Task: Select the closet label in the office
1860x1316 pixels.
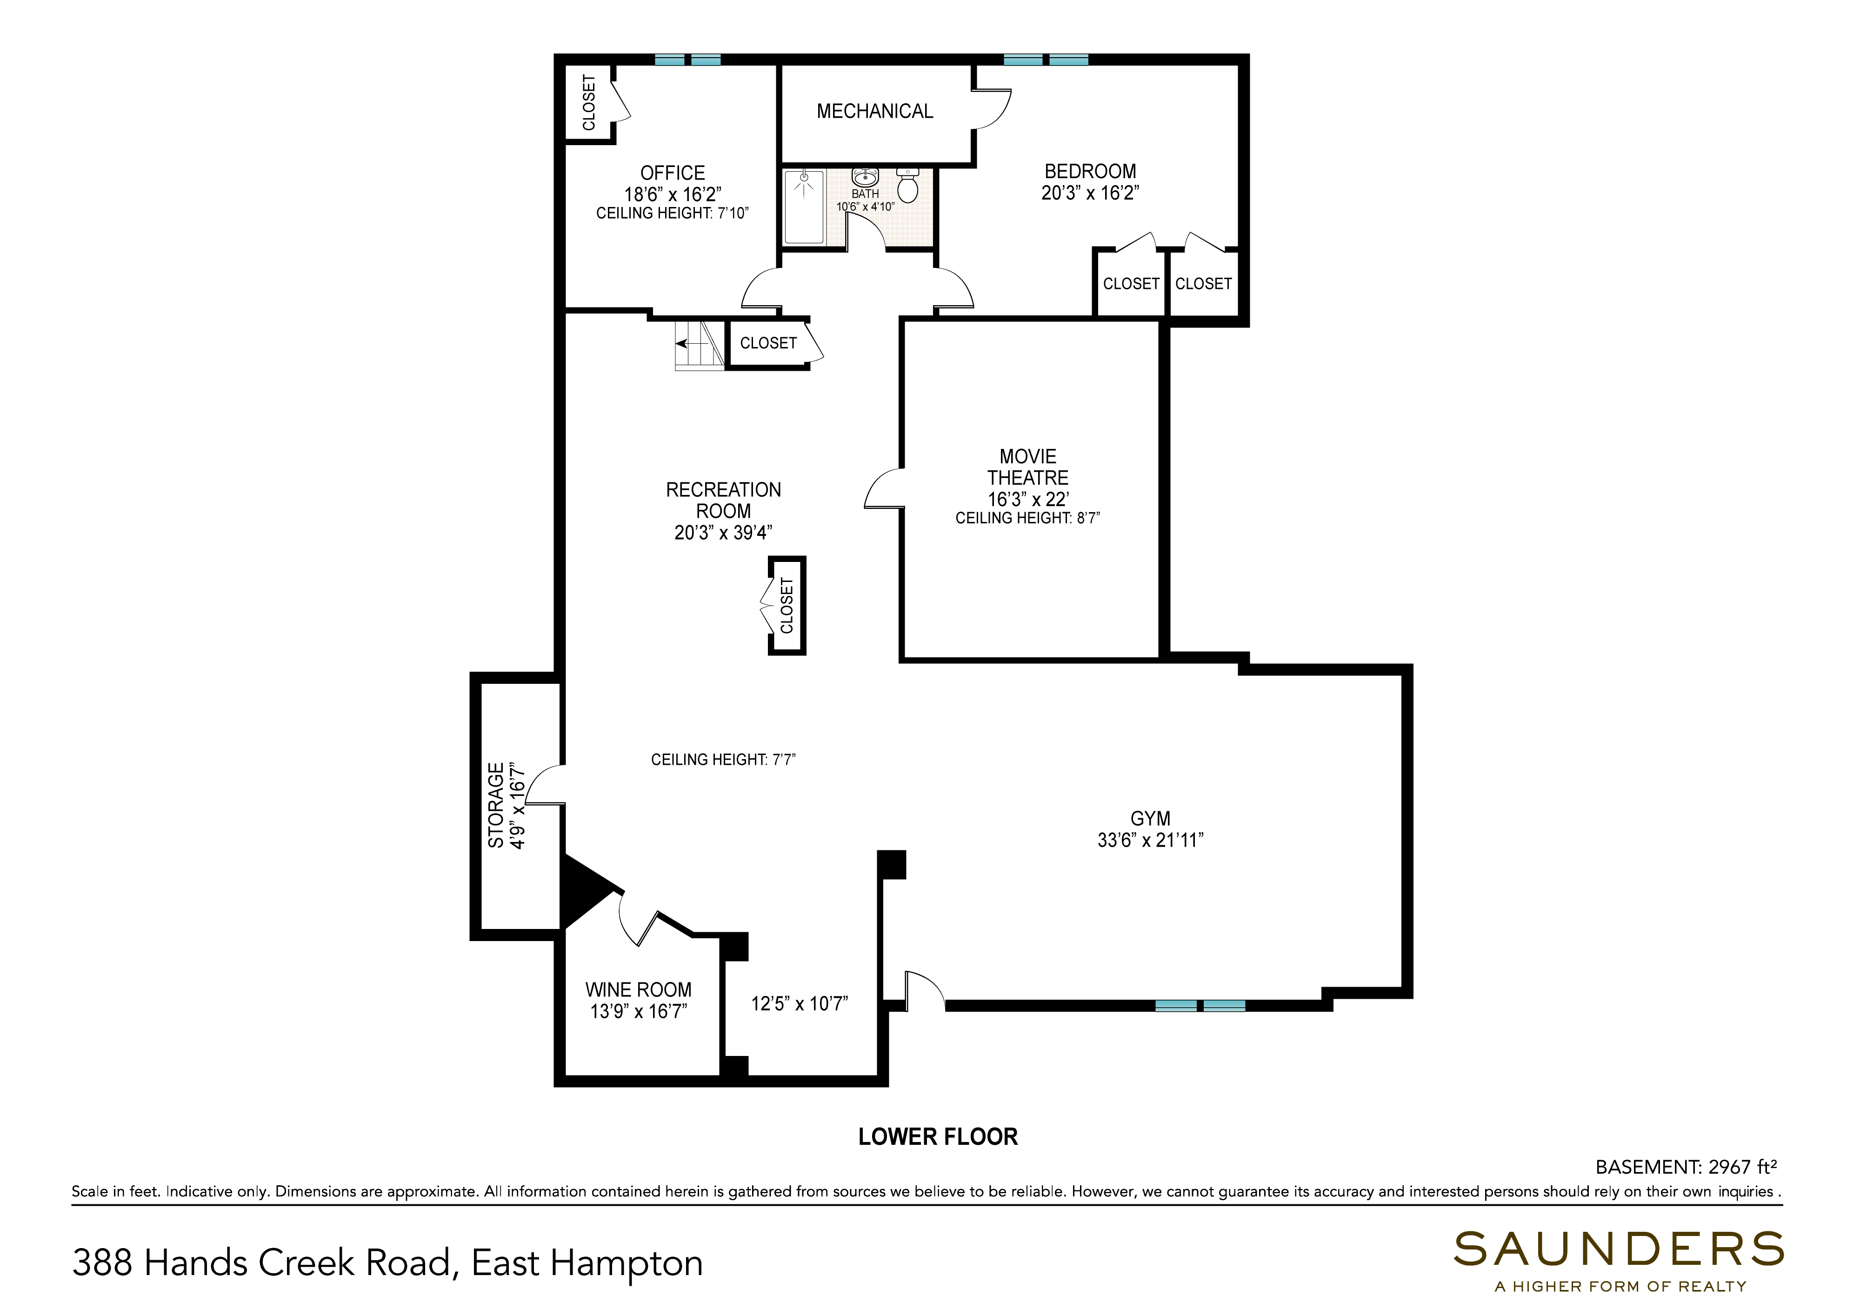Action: click(589, 102)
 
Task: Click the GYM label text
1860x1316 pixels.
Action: click(1150, 818)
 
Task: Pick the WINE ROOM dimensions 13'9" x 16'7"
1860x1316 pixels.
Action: click(638, 1011)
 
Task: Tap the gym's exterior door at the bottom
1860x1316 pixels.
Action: click(924, 990)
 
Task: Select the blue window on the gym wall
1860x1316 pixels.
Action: click(1200, 1006)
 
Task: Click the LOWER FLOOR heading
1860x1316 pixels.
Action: click(938, 1137)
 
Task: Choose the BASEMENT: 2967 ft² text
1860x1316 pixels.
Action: click(1687, 1167)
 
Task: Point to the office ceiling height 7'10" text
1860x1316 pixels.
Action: click(673, 213)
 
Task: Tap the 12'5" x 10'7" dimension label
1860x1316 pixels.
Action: click(800, 1004)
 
